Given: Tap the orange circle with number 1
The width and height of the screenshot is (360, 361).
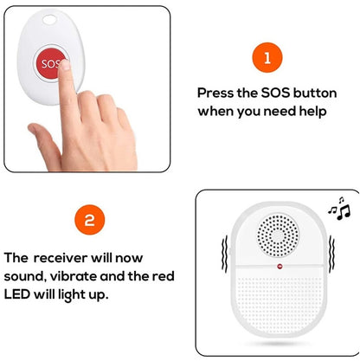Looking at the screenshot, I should [267, 59].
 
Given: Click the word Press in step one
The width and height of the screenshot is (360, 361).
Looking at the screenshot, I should [216, 92].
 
